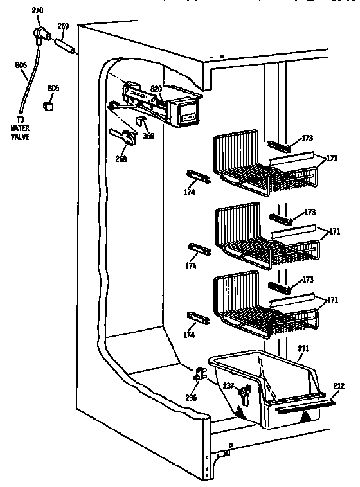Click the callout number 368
coord(149,136)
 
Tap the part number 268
coord(121,159)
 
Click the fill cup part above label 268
coord(127,137)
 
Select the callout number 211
coord(303,348)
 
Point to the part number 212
coord(339,386)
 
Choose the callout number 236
coord(191,398)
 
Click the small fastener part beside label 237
coord(244,392)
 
